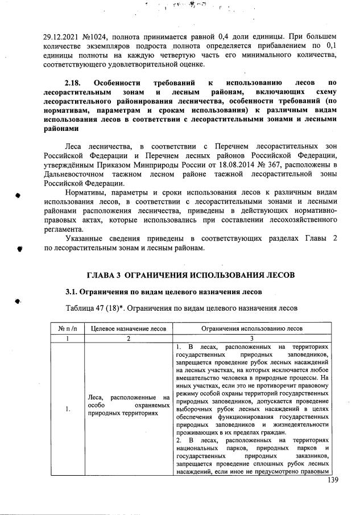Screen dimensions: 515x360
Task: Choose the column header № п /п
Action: coord(68,328)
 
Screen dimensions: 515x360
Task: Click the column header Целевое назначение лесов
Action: coord(129,328)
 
